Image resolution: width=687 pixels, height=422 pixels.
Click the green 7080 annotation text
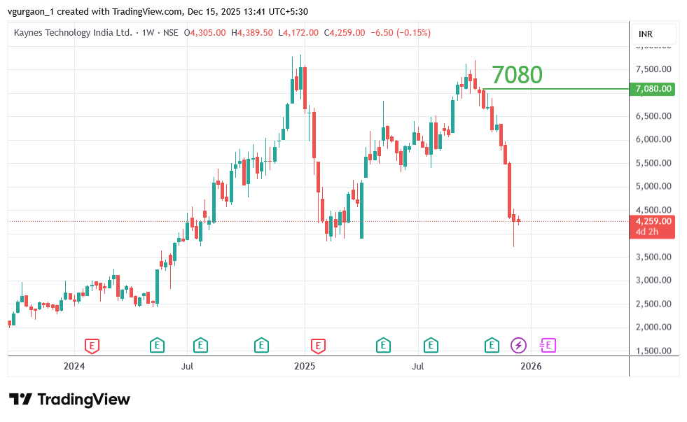517,75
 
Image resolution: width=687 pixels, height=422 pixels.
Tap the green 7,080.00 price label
653,89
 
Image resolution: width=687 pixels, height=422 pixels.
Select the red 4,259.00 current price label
653,221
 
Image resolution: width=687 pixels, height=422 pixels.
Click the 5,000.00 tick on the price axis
653,187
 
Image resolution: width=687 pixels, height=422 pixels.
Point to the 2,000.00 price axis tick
653,328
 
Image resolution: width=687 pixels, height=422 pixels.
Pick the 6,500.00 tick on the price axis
653,116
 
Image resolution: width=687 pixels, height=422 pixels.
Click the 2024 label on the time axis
74,366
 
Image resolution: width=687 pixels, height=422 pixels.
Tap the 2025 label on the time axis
305,366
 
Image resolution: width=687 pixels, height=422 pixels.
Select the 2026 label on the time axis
532,366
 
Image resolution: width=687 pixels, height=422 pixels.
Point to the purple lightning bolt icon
518,345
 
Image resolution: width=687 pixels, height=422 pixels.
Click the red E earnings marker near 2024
92,345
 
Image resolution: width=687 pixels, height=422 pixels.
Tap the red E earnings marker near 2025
319,345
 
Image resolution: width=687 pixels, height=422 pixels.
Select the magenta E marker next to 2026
547,345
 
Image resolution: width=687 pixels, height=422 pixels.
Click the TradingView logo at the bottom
70,400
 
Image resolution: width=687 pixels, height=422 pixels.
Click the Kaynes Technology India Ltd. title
73,33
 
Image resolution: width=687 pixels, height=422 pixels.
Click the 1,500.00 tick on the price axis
653,351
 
